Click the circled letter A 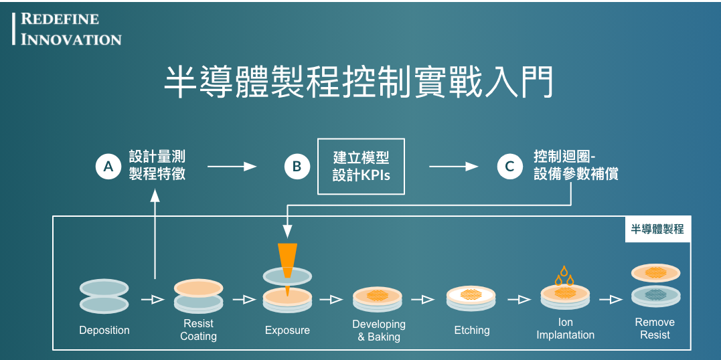pyautogui.click(x=108, y=167)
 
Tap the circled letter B pyautogui.click(x=297, y=167)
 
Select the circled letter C pyautogui.click(x=509, y=167)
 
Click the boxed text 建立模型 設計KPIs pyautogui.click(x=361, y=167)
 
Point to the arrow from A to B pyautogui.click(x=232, y=167)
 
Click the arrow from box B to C pyautogui.click(x=454, y=167)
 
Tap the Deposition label pyautogui.click(x=104, y=330)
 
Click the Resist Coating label pyautogui.click(x=198, y=330)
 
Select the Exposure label pyautogui.click(x=287, y=330)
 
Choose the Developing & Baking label pyautogui.click(x=379, y=331)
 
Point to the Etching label pyautogui.click(x=472, y=330)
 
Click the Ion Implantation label pyautogui.click(x=566, y=329)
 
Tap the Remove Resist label pyautogui.click(x=655, y=328)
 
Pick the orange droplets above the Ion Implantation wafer pyautogui.click(x=566, y=274)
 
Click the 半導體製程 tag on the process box pyautogui.click(x=657, y=229)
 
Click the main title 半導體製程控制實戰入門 pyautogui.click(x=359, y=82)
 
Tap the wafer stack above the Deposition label pyautogui.click(x=104, y=296)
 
